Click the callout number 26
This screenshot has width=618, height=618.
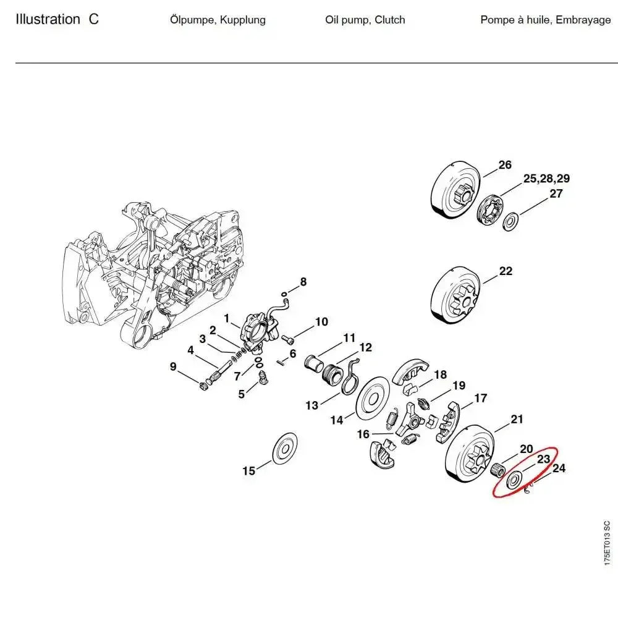(505, 164)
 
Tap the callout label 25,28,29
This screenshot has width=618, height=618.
(546, 179)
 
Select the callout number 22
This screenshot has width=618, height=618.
(506, 271)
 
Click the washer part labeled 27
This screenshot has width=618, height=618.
(511, 221)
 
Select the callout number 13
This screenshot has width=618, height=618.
(311, 405)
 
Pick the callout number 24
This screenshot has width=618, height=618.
(558, 468)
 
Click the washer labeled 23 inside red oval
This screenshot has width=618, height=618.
(512, 481)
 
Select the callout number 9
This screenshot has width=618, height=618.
(173, 367)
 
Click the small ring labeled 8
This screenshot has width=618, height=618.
(284, 294)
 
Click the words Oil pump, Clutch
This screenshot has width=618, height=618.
(365, 20)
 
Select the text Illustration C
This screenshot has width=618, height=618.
(57, 19)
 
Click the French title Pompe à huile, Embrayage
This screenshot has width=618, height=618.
(545, 20)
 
